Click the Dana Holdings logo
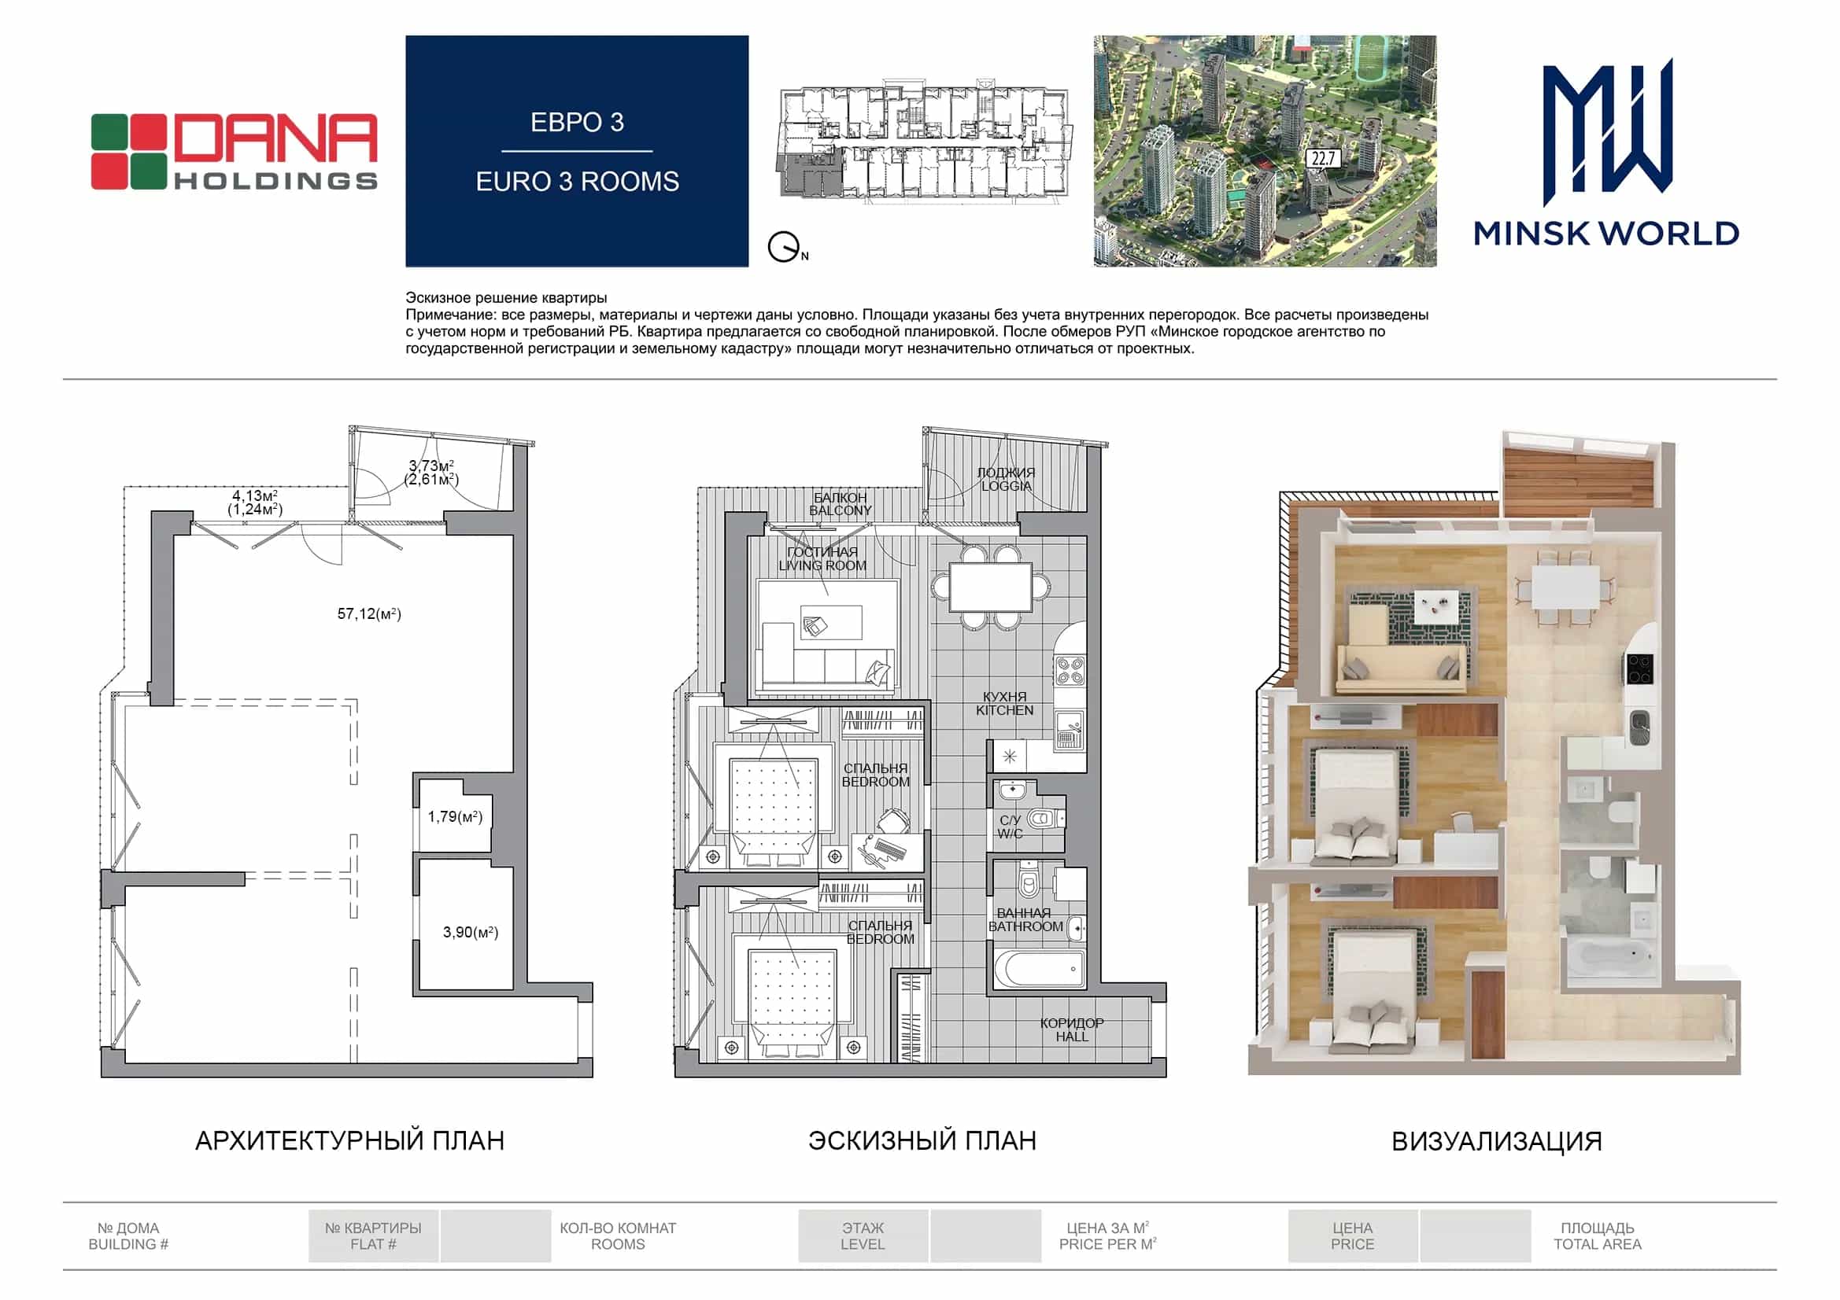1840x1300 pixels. click(234, 153)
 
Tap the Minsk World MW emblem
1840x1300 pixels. click(1608, 132)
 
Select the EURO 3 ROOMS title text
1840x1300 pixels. click(577, 182)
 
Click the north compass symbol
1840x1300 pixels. click(786, 248)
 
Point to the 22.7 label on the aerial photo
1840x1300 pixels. click(1322, 159)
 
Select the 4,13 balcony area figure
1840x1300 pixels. click(255, 495)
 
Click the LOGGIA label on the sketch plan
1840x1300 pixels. click(1007, 486)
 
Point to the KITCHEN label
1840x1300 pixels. click(1004, 710)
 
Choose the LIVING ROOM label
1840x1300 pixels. click(822, 565)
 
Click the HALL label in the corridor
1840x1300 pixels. click(1071, 1037)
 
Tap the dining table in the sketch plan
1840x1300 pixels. click(992, 587)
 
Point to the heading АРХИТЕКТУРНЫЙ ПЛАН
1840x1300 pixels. click(350, 1140)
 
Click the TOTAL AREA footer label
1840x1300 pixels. click(1597, 1244)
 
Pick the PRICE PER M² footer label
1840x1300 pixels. click(1107, 1244)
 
